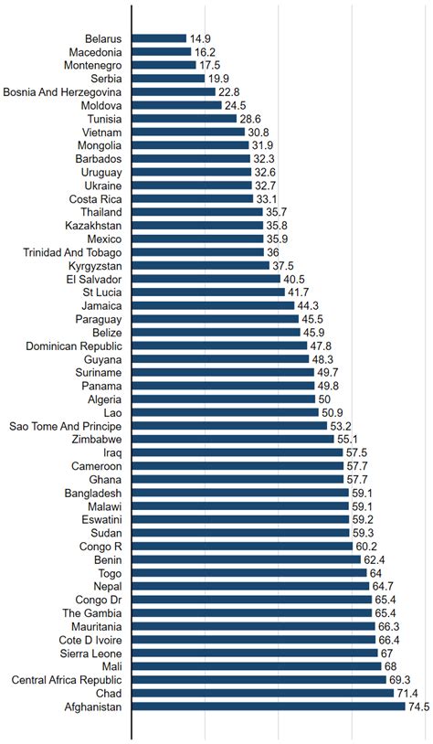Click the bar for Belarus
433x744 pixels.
pos(159,39)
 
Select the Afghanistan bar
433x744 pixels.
pos(269,706)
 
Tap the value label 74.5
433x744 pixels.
pos(418,706)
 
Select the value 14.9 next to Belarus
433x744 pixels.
pos(201,39)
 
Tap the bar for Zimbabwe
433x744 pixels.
pos(233,439)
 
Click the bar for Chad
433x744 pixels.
pos(263,693)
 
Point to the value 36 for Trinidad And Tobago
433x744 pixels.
pos(273,252)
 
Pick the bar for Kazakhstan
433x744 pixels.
pos(197,226)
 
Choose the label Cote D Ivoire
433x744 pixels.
pos(87,639)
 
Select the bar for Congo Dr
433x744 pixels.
pos(252,599)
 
